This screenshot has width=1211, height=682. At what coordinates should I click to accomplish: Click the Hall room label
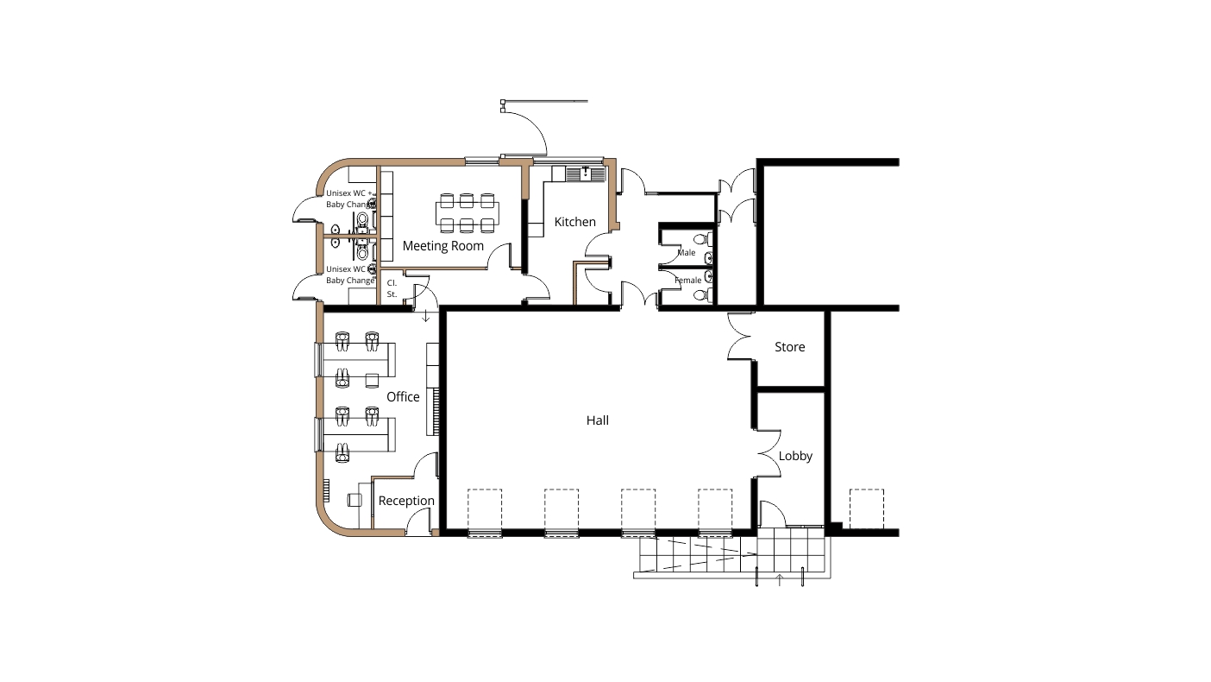pyautogui.click(x=598, y=420)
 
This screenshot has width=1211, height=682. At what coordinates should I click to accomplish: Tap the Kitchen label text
pyautogui.click(x=574, y=222)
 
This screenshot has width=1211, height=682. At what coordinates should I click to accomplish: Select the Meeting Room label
pyautogui.click(x=442, y=246)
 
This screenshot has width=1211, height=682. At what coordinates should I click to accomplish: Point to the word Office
pyautogui.click(x=403, y=397)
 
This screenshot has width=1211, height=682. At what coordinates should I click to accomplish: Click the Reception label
pyautogui.click(x=406, y=502)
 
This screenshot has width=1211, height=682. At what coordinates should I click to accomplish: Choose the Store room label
pyautogui.click(x=789, y=347)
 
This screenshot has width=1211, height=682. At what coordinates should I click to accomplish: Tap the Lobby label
pyautogui.click(x=795, y=457)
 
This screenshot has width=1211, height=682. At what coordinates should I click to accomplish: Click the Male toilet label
pyautogui.click(x=687, y=253)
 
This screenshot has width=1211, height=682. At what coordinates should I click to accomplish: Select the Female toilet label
pyautogui.click(x=688, y=281)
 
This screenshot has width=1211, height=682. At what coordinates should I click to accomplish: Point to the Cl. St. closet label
pyautogui.click(x=392, y=289)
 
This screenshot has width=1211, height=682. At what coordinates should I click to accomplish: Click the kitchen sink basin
pyautogui.click(x=586, y=174)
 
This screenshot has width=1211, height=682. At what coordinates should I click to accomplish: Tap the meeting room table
pyautogui.click(x=467, y=214)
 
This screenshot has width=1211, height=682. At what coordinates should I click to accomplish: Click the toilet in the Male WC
pyautogui.click(x=701, y=239)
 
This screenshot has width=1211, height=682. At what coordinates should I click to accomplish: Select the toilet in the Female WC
pyautogui.click(x=701, y=295)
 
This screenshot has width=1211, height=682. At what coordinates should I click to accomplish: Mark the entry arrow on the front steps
pyautogui.click(x=780, y=580)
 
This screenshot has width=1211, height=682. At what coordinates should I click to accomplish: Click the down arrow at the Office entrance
pyautogui.click(x=426, y=316)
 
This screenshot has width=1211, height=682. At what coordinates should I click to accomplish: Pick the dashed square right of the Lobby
pyautogui.click(x=867, y=508)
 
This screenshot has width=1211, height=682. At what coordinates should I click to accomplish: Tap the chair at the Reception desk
pyautogui.click(x=355, y=500)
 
